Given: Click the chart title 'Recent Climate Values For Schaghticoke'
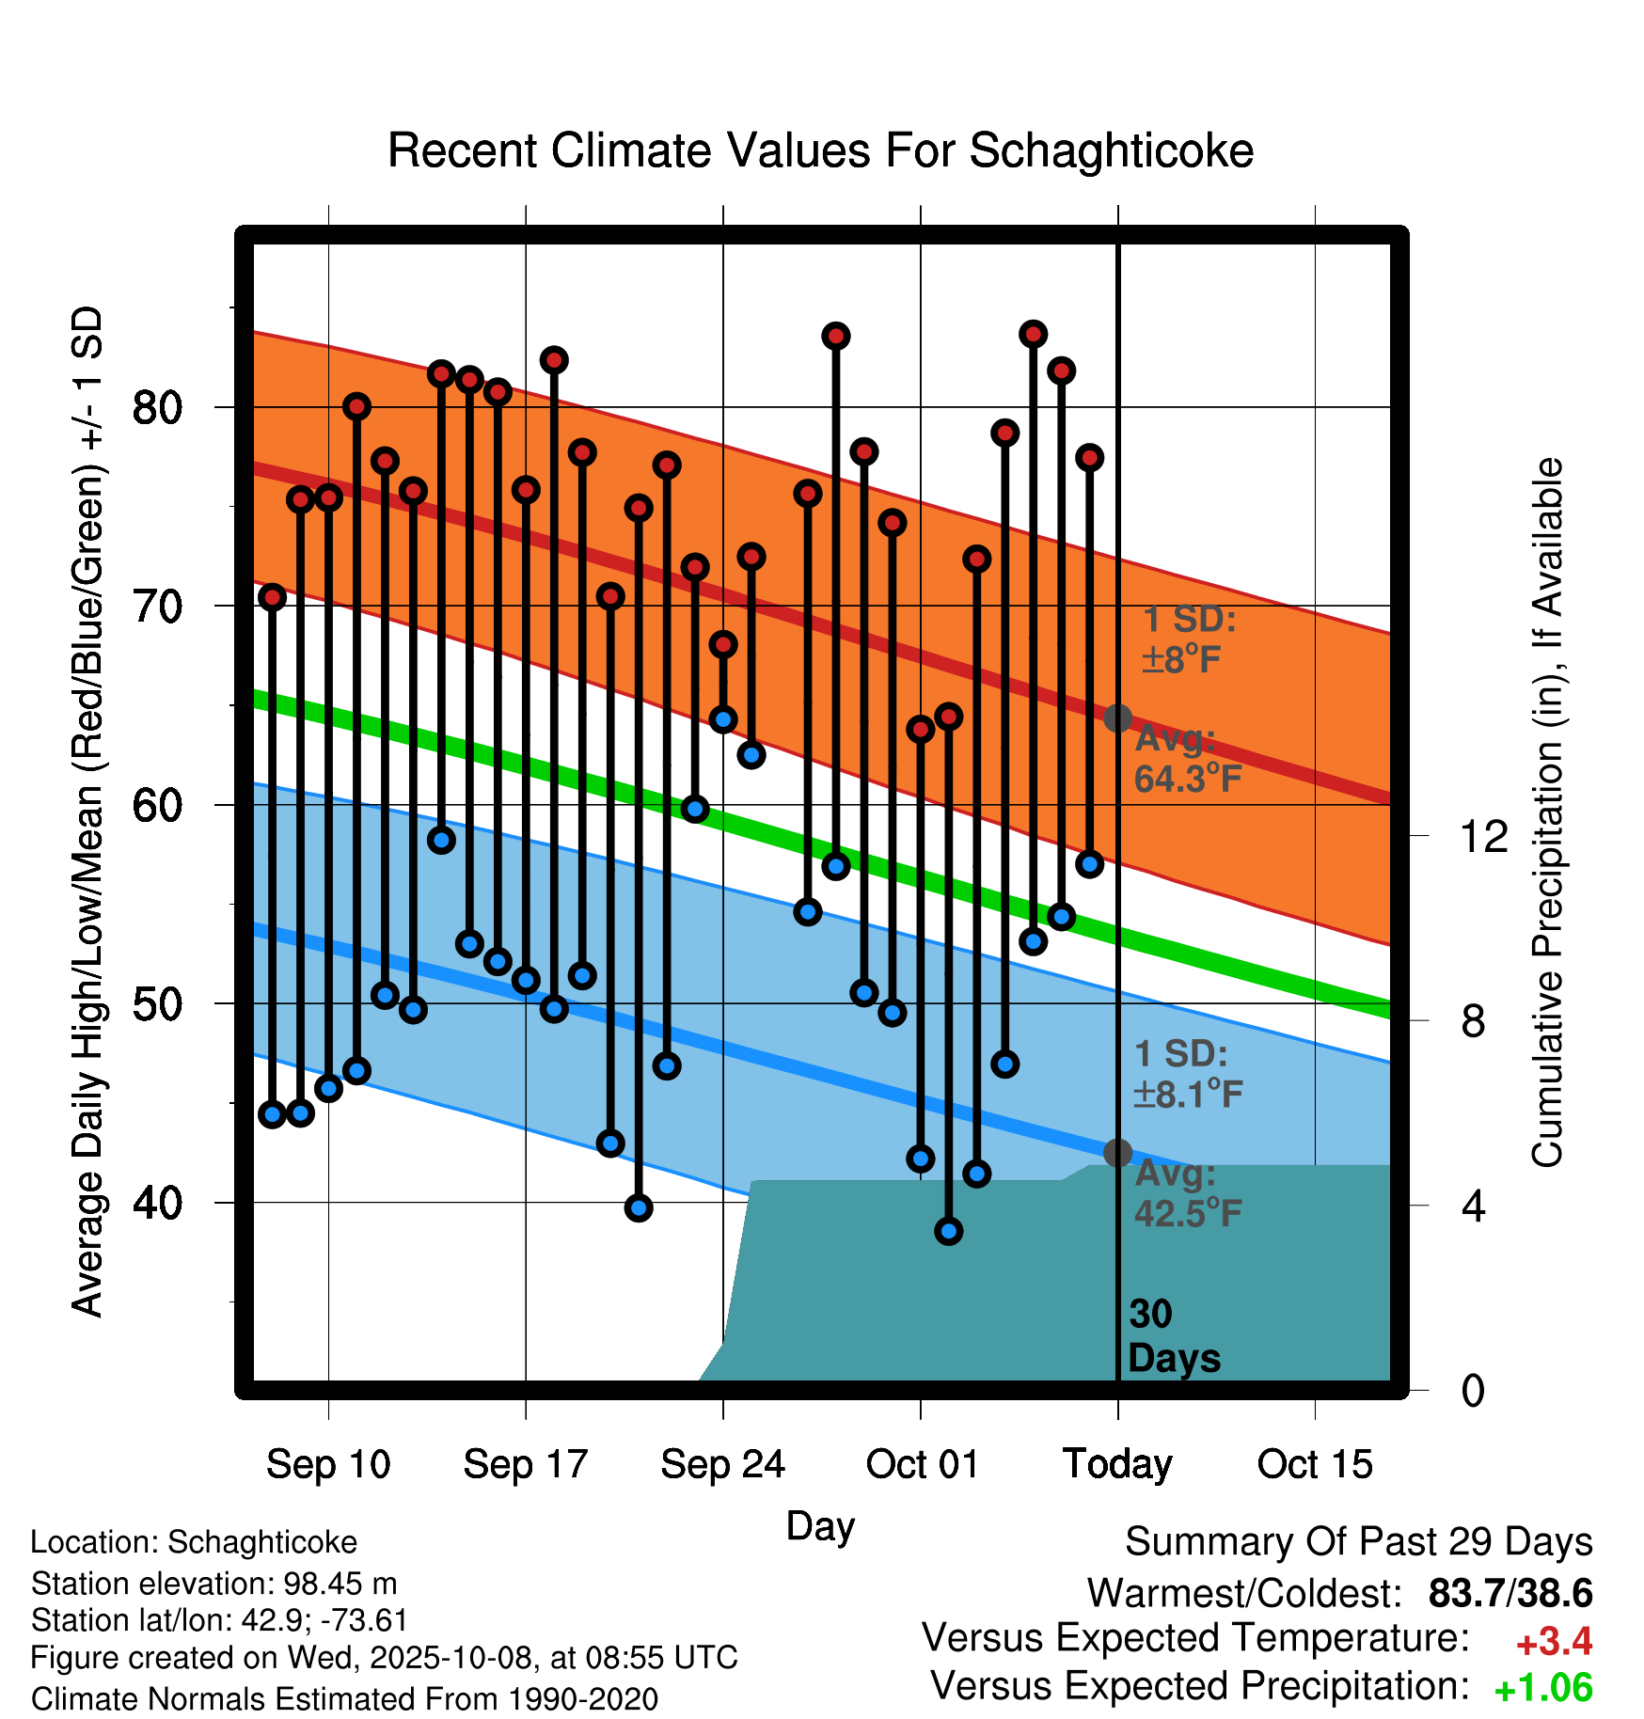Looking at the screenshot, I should (x=820, y=150).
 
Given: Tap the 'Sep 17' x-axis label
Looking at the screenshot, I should (x=525, y=1464).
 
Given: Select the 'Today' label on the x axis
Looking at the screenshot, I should (x=1117, y=1464).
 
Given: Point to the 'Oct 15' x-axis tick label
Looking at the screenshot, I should (x=1315, y=1464).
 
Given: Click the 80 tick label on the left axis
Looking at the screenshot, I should (x=157, y=408).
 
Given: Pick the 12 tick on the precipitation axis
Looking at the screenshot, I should (x=1483, y=836).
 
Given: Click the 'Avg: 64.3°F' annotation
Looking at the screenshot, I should (x=1187, y=759).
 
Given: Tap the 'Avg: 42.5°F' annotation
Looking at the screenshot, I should (x=1187, y=1193).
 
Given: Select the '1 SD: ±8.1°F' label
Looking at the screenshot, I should (x=1187, y=1074).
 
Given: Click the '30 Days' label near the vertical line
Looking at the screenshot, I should (x=1173, y=1336).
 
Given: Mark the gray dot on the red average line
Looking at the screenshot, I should (x=1117, y=718).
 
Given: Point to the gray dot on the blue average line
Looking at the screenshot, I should (x=1117, y=1153).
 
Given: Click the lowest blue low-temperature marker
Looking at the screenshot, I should (x=949, y=1231).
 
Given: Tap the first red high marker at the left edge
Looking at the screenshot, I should (x=273, y=597).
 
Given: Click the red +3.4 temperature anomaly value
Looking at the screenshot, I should (x=1554, y=1642).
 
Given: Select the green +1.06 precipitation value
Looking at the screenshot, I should (x=1543, y=1689).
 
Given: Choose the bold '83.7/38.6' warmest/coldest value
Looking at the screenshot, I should (x=1510, y=1594).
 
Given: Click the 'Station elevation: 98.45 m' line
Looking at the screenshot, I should (x=213, y=1584).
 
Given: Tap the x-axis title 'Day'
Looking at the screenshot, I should (x=820, y=1525).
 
